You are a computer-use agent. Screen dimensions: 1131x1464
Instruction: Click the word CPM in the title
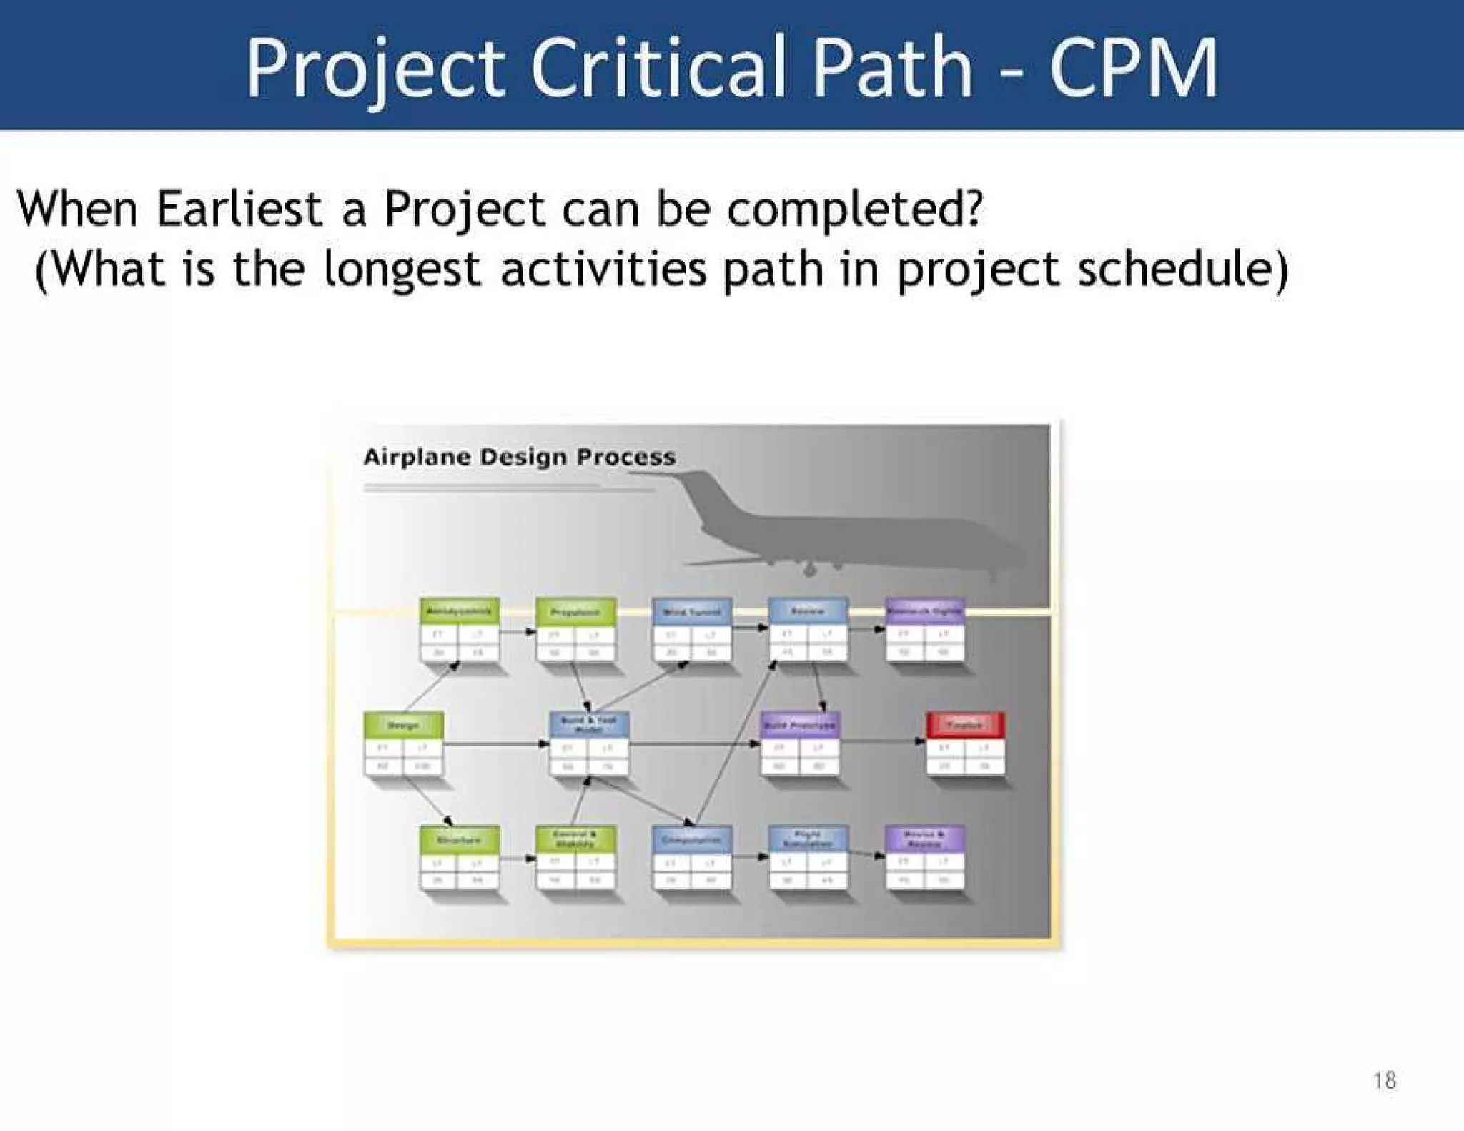point(1133,69)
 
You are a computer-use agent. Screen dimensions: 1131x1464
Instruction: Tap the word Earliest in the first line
point(239,209)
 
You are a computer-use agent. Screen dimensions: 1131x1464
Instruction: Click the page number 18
point(1385,1080)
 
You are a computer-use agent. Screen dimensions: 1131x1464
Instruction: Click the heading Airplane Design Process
point(519,457)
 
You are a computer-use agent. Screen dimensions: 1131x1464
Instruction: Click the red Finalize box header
point(965,725)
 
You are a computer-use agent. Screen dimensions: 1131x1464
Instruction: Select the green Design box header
point(403,725)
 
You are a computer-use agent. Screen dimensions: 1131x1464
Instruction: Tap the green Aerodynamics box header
point(459,611)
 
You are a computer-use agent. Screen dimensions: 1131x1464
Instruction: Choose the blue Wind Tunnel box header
point(692,611)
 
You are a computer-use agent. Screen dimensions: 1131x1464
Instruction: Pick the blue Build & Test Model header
point(589,724)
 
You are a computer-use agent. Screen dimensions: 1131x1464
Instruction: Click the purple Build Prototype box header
point(800,725)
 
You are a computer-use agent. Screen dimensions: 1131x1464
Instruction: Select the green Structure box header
point(459,839)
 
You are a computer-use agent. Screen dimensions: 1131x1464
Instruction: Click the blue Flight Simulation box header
point(808,839)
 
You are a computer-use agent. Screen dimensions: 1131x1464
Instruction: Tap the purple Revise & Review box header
point(924,839)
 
